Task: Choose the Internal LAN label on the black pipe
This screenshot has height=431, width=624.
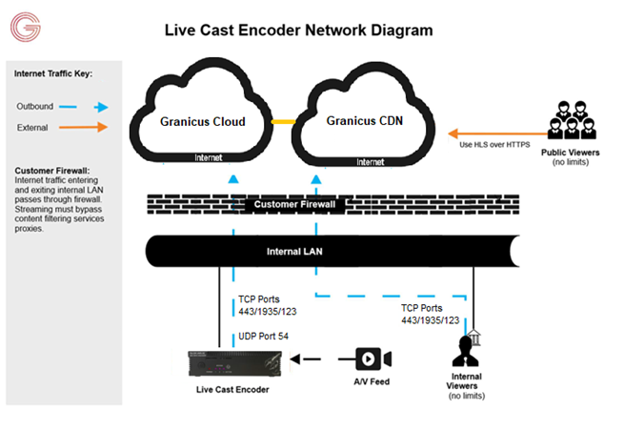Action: [297, 255]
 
